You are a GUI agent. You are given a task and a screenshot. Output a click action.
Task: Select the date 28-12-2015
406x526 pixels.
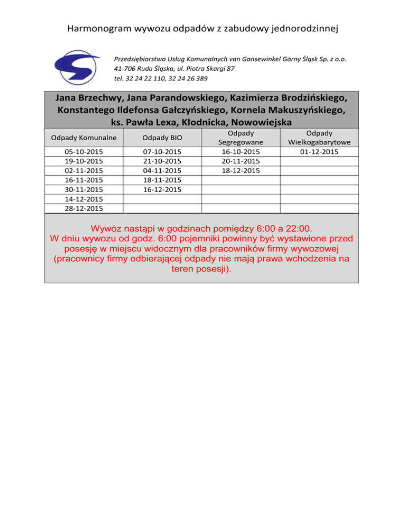80,208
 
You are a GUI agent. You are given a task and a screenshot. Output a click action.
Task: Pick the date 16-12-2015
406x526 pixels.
162,189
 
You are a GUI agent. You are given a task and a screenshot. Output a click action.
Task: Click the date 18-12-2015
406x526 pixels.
241,170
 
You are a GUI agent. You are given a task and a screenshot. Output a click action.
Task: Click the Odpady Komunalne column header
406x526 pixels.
80,138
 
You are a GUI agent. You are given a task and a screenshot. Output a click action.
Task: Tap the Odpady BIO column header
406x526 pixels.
162,138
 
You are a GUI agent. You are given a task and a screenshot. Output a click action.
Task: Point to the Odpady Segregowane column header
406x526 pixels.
241,138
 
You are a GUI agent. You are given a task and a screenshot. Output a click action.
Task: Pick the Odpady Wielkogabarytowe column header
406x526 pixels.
319,138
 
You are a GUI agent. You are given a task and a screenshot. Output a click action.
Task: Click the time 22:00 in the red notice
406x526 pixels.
294,229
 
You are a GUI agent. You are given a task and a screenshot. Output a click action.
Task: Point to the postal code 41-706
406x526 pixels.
126,69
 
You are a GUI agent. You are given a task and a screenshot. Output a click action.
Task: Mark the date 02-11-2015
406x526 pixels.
80,170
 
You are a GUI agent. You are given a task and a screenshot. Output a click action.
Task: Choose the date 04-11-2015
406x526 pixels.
162,170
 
